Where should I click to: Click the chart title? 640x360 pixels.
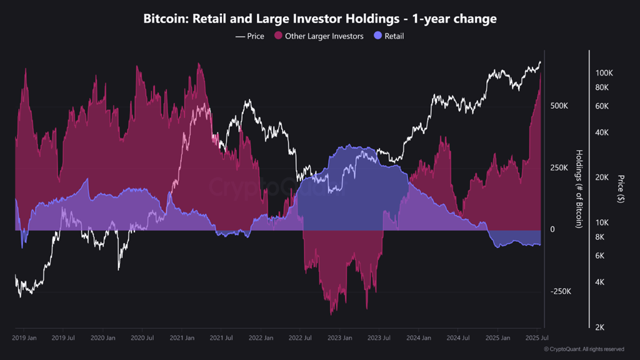point(320,19)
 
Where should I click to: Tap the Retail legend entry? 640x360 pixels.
point(389,36)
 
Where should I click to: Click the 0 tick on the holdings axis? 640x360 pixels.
point(552,230)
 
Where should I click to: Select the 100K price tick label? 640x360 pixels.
point(604,73)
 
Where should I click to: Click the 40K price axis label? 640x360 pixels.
point(602,132)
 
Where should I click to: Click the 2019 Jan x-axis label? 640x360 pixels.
point(24,338)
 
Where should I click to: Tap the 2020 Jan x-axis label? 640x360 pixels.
point(103,338)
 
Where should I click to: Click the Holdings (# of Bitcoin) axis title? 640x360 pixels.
point(579,189)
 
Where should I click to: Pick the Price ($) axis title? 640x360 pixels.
point(620,189)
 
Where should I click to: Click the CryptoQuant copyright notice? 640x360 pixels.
point(584,349)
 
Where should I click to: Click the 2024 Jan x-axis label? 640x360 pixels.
point(418,338)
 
